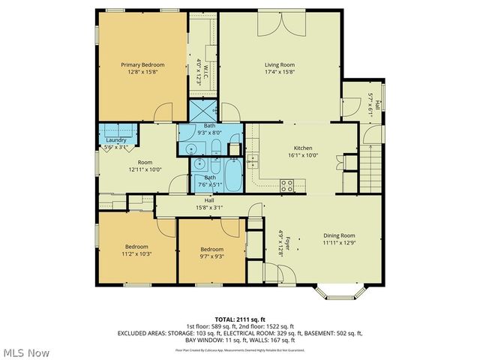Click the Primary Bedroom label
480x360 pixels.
(x=142, y=65)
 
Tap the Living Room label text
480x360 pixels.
(x=278, y=65)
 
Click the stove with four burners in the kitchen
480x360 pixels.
(x=286, y=184)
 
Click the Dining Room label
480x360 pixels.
(x=338, y=235)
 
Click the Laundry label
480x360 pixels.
(x=115, y=140)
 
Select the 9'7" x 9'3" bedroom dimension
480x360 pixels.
(x=211, y=256)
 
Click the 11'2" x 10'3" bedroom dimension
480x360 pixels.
(x=136, y=254)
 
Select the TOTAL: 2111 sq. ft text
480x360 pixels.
(x=240, y=318)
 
